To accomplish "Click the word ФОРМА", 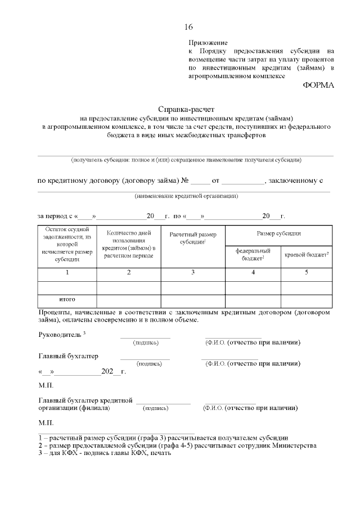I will tap(318, 85).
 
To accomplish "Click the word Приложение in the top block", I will tap(208, 43).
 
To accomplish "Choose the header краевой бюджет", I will tap(307, 255).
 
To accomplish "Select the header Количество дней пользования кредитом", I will tap(129, 244).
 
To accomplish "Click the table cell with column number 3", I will tap(193, 273).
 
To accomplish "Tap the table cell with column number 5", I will tap(307, 273).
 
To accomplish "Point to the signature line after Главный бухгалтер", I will tap(145, 358).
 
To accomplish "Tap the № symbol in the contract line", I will tap(184, 181).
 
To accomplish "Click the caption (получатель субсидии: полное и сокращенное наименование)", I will tap(186, 160).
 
